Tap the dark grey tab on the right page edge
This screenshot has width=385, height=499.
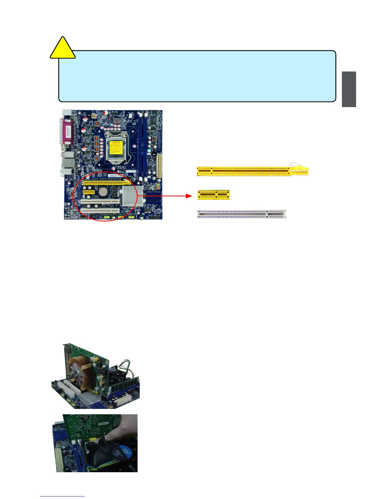point(349,89)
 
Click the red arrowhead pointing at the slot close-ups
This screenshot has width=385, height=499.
point(189,196)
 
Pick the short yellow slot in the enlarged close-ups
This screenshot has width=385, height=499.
point(213,195)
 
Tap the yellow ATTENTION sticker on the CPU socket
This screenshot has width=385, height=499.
point(116,149)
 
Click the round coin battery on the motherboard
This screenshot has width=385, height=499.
point(103,191)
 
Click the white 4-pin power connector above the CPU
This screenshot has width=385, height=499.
point(93,116)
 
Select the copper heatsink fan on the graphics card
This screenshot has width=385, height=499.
point(79,374)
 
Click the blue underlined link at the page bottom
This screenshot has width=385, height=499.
point(62,496)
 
